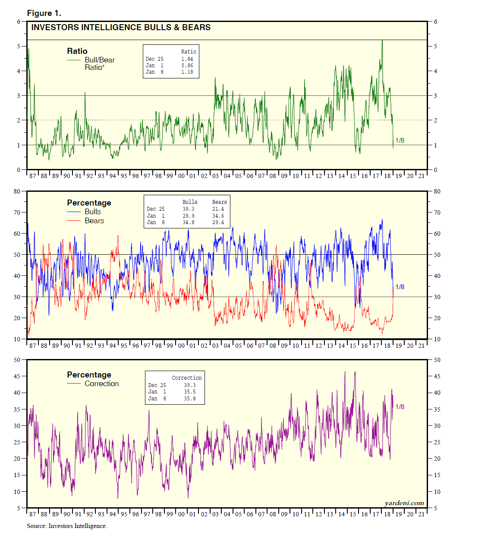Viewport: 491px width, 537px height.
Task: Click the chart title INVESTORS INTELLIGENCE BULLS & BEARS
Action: tap(121, 27)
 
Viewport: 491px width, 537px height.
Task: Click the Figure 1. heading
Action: tap(44, 13)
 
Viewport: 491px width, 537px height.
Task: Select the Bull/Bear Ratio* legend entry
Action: tap(99, 63)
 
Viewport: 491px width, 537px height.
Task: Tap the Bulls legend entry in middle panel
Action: tap(93, 212)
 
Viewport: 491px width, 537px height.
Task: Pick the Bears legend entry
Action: tap(94, 221)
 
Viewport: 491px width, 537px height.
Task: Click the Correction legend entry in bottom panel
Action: tap(101, 384)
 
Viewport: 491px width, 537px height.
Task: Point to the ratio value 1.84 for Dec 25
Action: tap(187, 59)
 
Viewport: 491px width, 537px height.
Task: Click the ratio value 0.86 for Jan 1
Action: tap(187, 66)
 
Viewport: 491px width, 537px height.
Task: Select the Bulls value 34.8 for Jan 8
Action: tap(189, 222)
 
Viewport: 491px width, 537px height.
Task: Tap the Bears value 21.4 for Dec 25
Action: tap(218, 209)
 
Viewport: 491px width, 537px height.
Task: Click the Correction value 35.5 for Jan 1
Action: tap(190, 392)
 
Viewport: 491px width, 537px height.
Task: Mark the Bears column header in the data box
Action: tap(219, 202)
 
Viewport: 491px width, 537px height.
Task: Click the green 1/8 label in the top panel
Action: tap(400, 140)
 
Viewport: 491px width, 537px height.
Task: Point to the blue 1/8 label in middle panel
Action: tap(400, 287)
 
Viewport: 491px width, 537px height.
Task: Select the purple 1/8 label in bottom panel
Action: tap(400, 407)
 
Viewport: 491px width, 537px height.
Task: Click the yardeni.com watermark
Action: tap(404, 503)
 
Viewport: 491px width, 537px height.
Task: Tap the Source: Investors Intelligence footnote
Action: tap(67, 526)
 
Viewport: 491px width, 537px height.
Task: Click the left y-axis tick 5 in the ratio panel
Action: tap(19, 46)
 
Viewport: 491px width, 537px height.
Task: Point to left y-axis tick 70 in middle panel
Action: tap(17, 212)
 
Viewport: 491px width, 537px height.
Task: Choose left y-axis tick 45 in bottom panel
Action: tap(17, 376)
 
